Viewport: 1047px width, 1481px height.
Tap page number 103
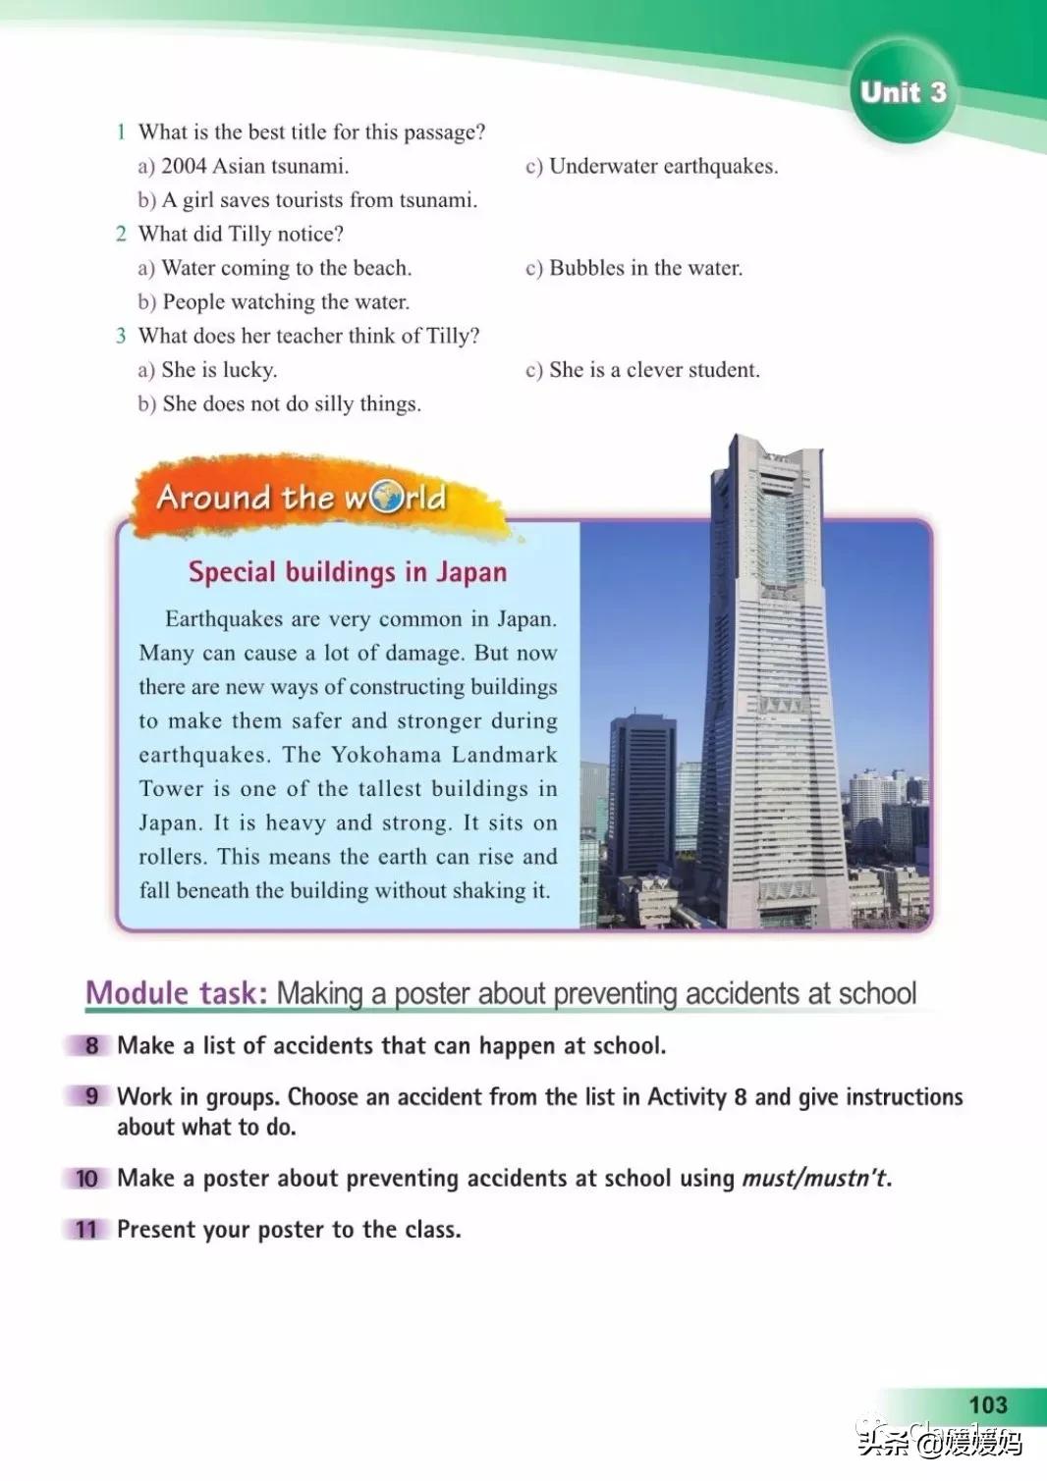(x=987, y=1404)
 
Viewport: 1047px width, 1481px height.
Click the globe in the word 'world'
(x=386, y=497)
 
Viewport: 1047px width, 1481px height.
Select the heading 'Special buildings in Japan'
(x=348, y=572)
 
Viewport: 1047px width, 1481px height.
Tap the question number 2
(x=121, y=234)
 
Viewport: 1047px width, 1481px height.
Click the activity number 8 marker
(x=91, y=1045)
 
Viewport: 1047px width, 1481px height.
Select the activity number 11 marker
(x=86, y=1230)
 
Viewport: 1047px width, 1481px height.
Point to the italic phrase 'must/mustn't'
(x=815, y=1178)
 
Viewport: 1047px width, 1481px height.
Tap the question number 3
(x=121, y=336)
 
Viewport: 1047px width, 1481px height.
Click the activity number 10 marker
(x=86, y=1178)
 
